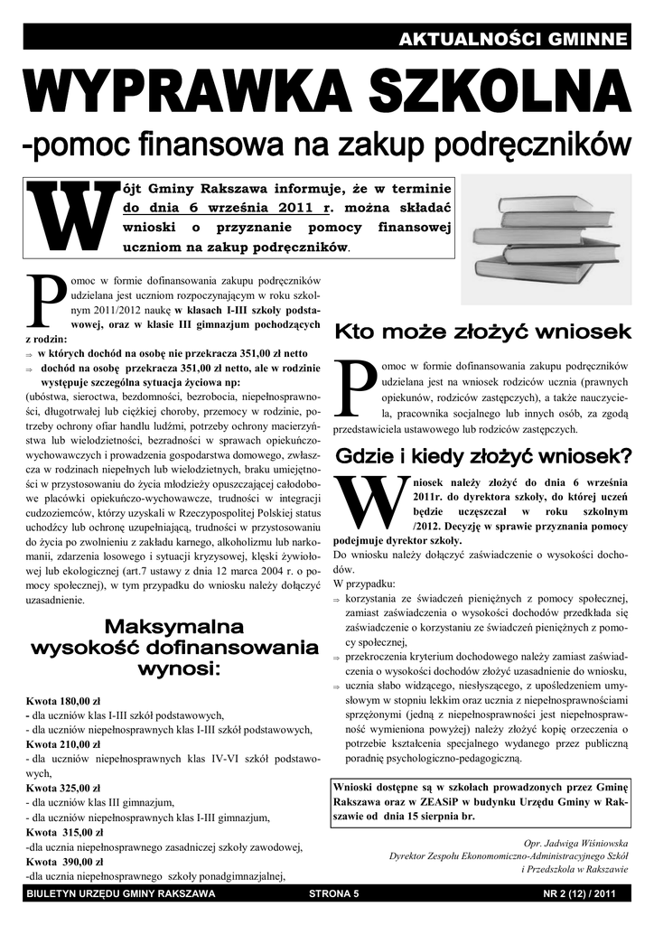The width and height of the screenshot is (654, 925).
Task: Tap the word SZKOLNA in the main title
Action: pyautogui.click(x=488, y=93)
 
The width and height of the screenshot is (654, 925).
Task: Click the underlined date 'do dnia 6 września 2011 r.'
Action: pyautogui.click(x=222, y=207)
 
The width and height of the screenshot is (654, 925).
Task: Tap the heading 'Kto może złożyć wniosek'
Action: pyautogui.click(x=482, y=332)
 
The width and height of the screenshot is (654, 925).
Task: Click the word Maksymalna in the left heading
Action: pyautogui.click(x=174, y=626)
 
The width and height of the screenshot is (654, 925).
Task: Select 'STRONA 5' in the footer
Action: pyautogui.click(x=333, y=894)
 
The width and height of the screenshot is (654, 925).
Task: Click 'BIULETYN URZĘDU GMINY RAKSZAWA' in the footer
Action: pyautogui.click(x=122, y=894)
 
